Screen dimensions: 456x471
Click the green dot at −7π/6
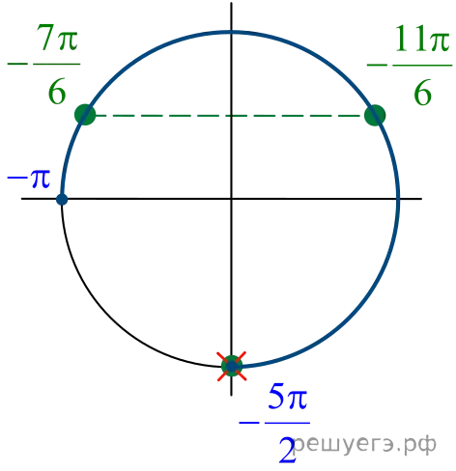coord(85,115)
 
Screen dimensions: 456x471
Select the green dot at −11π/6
coord(375,115)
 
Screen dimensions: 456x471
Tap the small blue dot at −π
coord(62,200)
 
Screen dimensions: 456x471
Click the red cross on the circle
coord(232,366)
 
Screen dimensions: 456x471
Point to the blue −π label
coord(29,179)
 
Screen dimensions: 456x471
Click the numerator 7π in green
coord(57,38)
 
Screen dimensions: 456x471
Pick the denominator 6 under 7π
coord(57,91)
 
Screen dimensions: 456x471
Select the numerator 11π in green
coord(422,39)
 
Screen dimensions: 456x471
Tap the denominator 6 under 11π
coord(422,93)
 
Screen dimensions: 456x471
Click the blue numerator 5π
coord(288,396)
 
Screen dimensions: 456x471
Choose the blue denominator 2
coord(287,450)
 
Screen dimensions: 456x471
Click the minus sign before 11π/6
coord(377,65)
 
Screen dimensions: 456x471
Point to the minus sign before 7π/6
coord(17,64)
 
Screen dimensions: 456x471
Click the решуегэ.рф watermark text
coord(365,446)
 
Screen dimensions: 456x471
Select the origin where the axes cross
coord(231,199)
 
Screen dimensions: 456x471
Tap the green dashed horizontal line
coord(228,115)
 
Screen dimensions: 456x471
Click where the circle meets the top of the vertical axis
coord(231,32)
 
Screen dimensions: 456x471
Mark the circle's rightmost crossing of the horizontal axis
coord(398,199)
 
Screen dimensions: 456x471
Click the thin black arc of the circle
coord(111,317)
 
